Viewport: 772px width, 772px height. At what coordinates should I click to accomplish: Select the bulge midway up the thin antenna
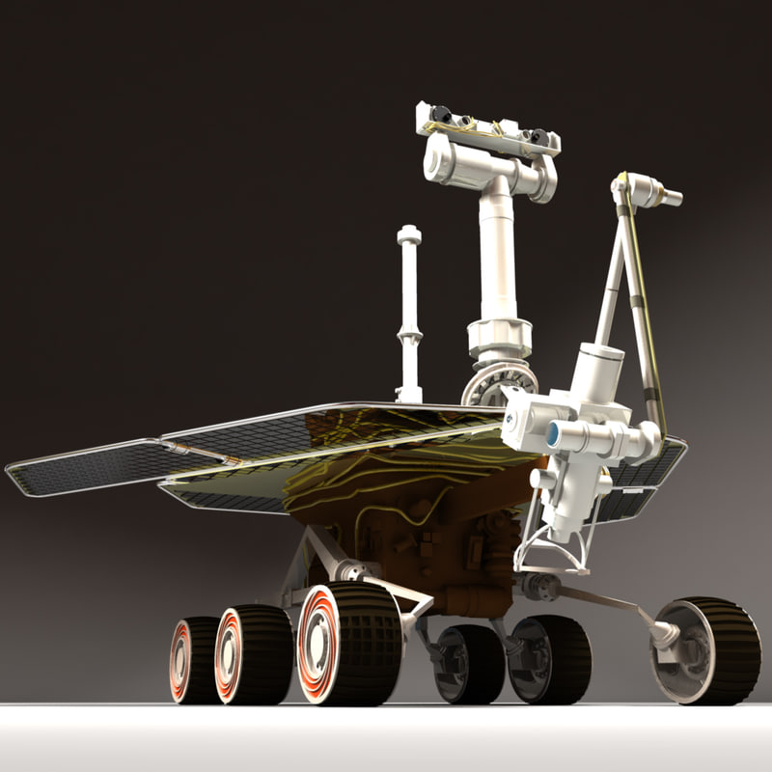pos(409,338)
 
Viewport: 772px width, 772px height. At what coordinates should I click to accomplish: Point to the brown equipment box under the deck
pos(434,560)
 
